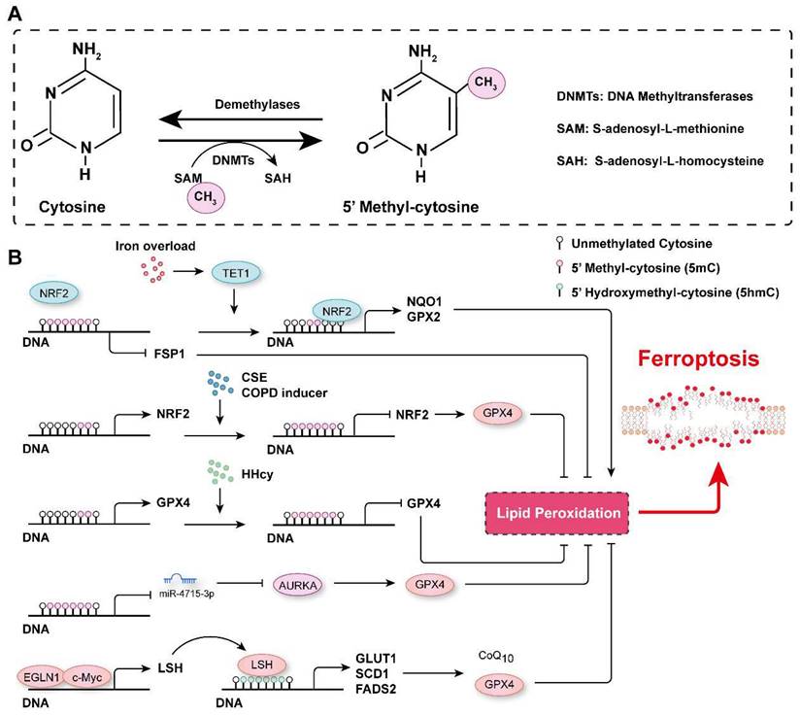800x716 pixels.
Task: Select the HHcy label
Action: [228, 464]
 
